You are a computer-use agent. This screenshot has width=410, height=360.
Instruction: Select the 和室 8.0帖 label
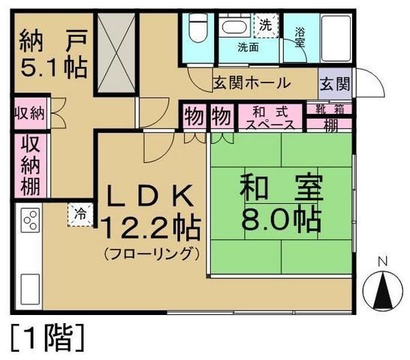click(x=280, y=203)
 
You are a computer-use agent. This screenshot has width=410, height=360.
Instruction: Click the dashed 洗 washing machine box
click(x=265, y=24)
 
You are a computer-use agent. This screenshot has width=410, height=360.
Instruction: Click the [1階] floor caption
click(x=47, y=337)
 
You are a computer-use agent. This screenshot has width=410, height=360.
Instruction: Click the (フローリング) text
click(x=152, y=252)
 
